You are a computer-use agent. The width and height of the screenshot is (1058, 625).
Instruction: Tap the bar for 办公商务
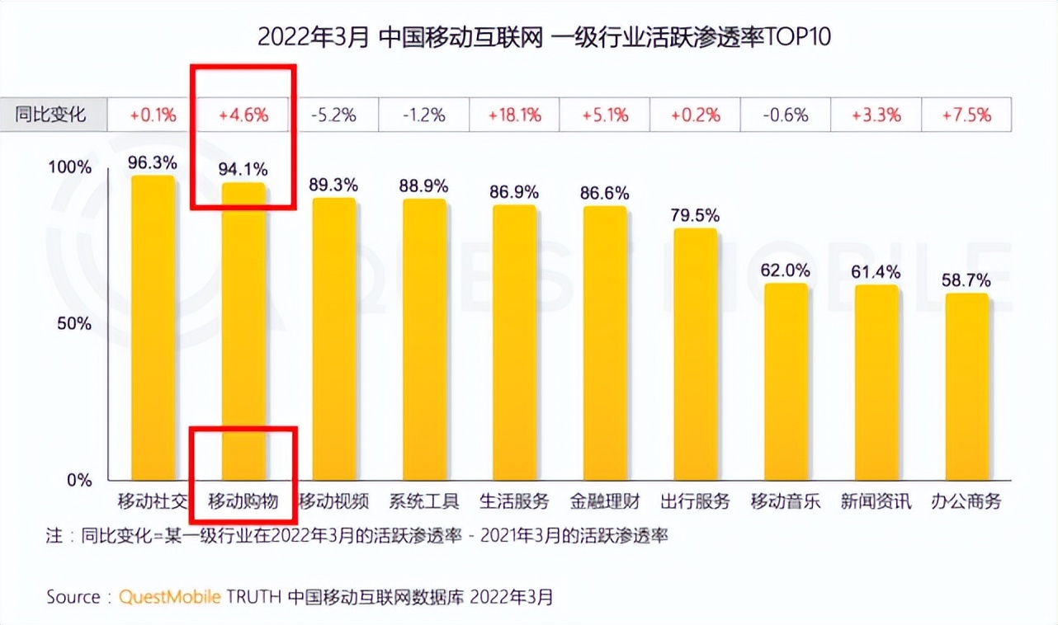pyautogui.click(x=966, y=387)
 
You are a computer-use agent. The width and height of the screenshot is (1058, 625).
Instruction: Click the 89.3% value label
pyautogui.click(x=333, y=185)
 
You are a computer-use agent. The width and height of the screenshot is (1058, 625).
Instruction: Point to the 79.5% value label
pyautogui.click(x=696, y=215)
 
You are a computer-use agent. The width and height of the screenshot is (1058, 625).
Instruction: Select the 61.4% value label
pyautogui.click(x=876, y=272)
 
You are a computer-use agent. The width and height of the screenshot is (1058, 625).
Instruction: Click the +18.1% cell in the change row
pyautogui.click(x=514, y=115)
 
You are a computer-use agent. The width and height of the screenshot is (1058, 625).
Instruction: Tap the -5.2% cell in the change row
pyautogui.click(x=333, y=115)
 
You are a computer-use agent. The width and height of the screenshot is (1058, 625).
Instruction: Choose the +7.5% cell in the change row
pyautogui.click(x=966, y=115)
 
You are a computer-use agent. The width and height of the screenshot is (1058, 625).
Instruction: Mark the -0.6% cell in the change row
pyautogui.click(x=786, y=115)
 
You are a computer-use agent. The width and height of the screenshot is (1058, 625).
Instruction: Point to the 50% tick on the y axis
pyautogui.click(x=74, y=323)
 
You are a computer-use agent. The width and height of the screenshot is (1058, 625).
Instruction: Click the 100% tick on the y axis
pyautogui.click(x=70, y=167)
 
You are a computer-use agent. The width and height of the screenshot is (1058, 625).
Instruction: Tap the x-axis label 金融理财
pyautogui.click(x=605, y=501)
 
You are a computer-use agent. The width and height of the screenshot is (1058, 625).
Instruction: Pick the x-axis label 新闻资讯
pyautogui.click(x=876, y=501)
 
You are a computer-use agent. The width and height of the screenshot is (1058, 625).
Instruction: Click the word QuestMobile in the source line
pyautogui.click(x=170, y=597)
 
